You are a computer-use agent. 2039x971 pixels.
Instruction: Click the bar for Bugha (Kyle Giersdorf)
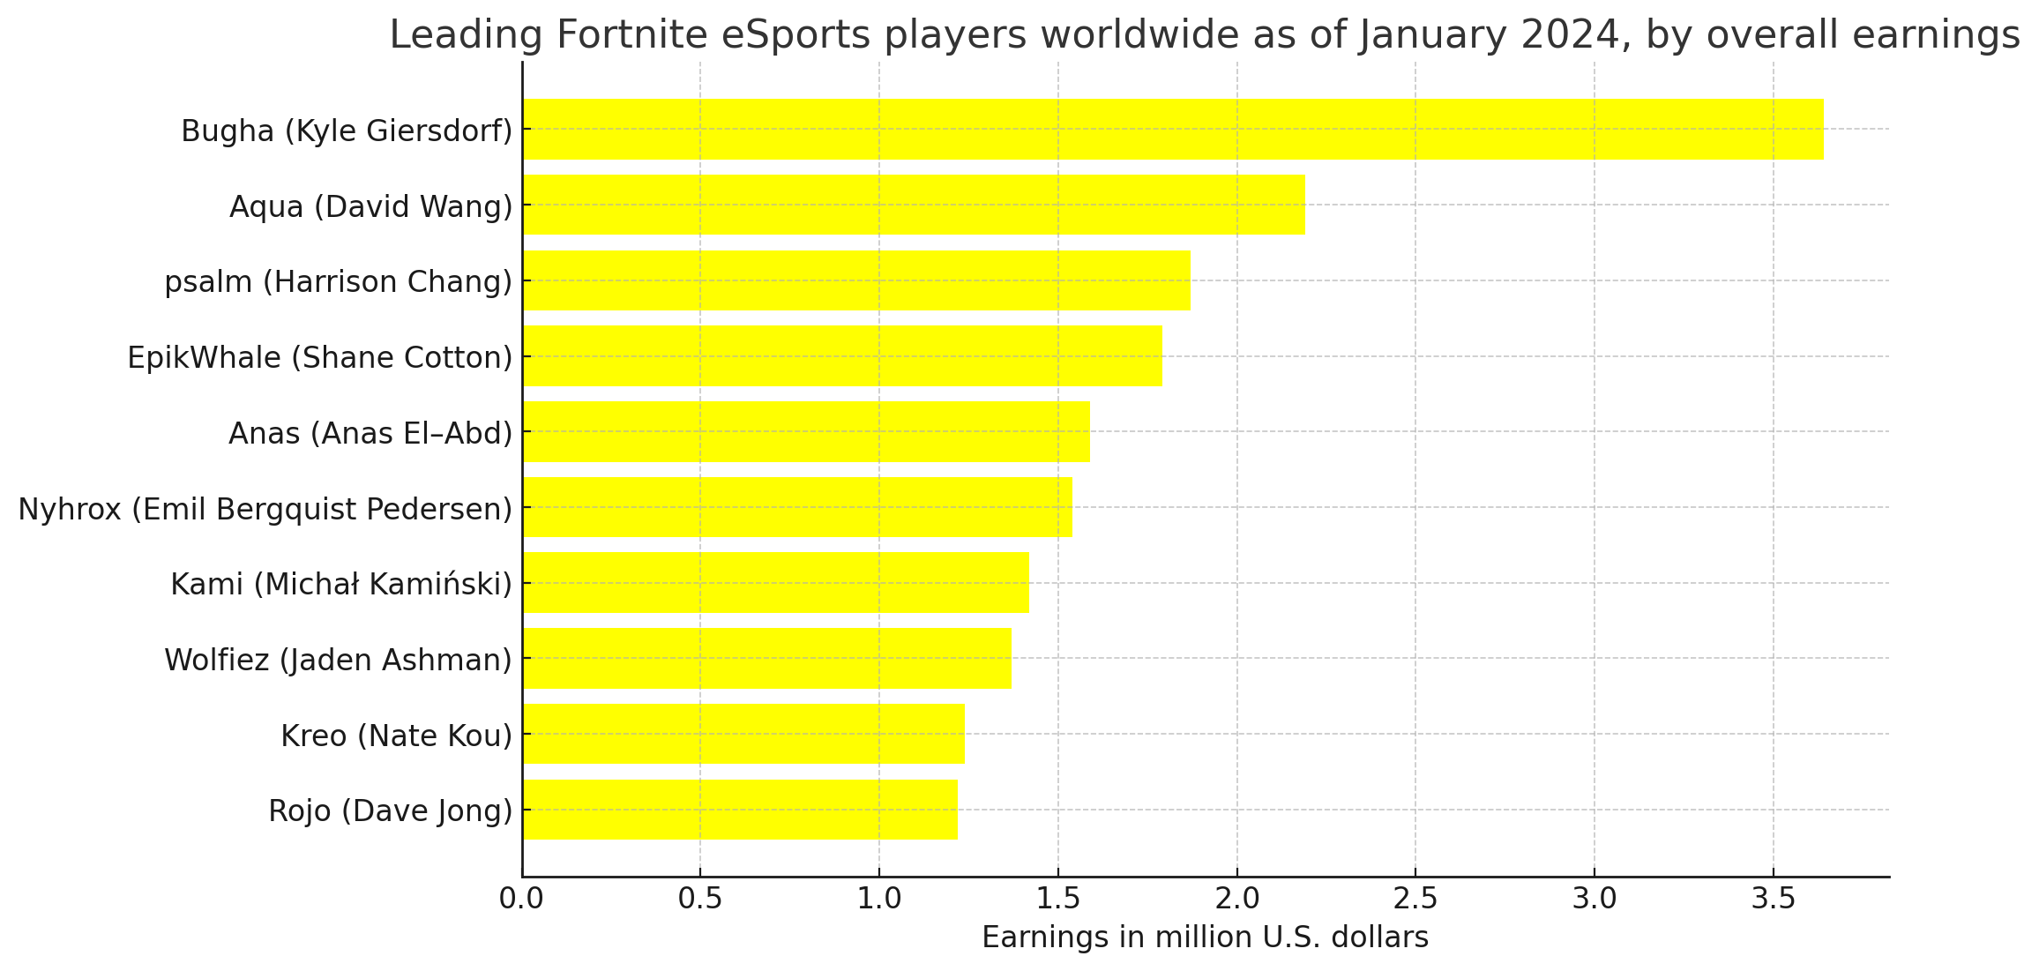[x=1173, y=129]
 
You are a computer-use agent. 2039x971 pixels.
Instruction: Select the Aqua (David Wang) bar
[x=914, y=205]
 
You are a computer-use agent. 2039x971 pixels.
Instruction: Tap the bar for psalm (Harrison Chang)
[x=856, y=280]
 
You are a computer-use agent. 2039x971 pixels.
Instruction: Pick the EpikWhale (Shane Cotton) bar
[x=842, y=356]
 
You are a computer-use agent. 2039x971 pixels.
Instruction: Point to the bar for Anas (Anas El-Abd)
[x=806, y=432]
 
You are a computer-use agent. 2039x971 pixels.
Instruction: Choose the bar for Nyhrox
[x=797, y=507]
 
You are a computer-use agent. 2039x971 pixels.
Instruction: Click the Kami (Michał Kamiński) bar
[x=776, y=583]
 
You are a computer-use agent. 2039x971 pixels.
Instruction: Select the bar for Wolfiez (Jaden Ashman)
[x=767, y=659]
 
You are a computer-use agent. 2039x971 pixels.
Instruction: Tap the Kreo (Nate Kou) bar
[x=743, y=734]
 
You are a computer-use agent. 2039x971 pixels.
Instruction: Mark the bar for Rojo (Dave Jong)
[x=740, y=810]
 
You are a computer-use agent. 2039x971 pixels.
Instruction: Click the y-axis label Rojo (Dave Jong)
[x=391, y=811]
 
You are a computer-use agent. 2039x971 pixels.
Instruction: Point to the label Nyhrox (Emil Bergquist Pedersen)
[x=265, y=510]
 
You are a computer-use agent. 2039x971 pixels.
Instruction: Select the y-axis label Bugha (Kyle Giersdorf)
[x=347, y=131]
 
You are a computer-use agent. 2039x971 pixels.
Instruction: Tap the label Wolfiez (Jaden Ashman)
[x=339, y=661]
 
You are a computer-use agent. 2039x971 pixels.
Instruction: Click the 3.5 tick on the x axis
[x=1773, y=900]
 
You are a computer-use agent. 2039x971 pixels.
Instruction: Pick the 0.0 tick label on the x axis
[x=522, y=900]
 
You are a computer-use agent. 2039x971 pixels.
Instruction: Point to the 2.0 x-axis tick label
[x=1236, y=900]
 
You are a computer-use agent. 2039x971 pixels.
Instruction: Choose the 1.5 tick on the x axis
[x=1057, y=900]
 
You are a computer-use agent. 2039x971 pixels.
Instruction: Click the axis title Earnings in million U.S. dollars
[x=1205, y=938]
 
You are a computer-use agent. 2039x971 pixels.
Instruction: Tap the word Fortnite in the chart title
[x=632, y=35]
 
